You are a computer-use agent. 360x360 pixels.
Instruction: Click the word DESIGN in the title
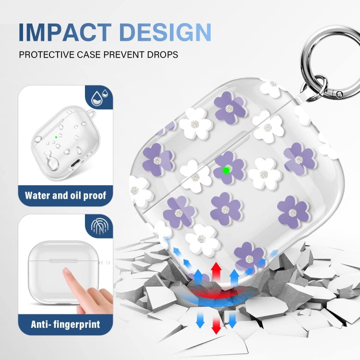(x=165, y=32)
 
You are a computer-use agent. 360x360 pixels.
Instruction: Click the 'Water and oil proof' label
(x=65, y=196)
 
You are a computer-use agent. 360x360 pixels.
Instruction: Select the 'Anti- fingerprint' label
(x=65, y=324)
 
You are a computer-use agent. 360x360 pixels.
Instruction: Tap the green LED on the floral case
(x=226, y=169)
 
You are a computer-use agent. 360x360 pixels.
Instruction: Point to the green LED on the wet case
(x=56, y=136)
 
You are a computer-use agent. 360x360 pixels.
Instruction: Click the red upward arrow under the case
(x=216, y=271)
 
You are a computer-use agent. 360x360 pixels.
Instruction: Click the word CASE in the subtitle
(x=97, y=54)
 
